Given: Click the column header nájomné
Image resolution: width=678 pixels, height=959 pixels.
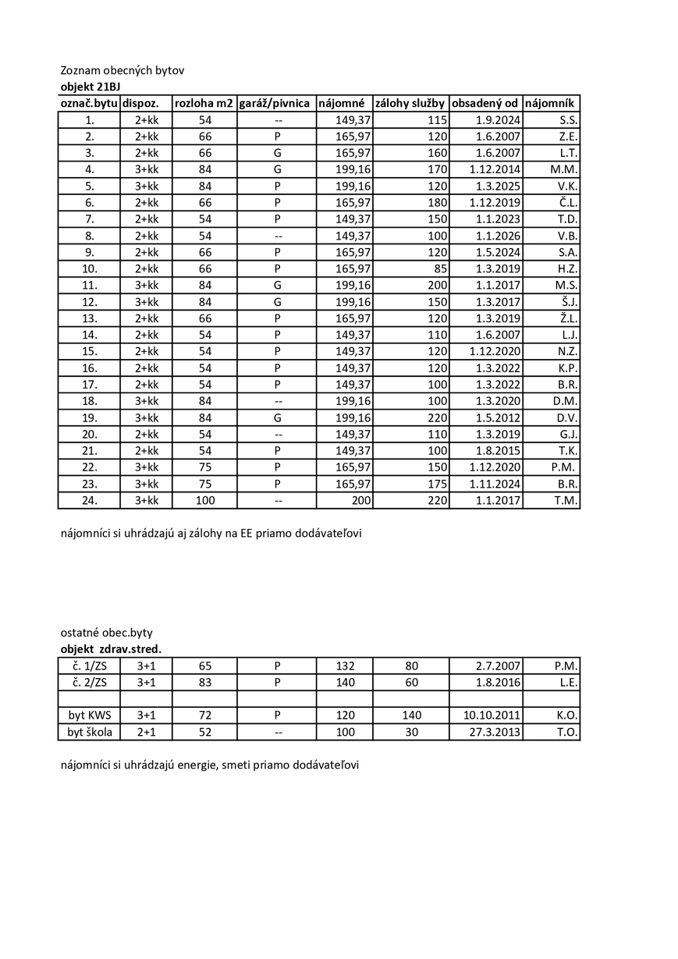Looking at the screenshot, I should (342, 103).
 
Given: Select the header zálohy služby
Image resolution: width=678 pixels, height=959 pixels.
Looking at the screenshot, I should (410, 103).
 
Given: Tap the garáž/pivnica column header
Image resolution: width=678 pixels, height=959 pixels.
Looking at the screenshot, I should (275, 103).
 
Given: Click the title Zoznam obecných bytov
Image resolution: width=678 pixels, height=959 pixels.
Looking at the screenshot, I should (122, 70).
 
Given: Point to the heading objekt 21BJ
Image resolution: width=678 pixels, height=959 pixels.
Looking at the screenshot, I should (91, 87).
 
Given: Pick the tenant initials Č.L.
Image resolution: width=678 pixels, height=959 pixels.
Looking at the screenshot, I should (567, 203).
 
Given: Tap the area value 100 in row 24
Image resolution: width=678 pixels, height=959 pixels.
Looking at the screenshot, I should (204, 500).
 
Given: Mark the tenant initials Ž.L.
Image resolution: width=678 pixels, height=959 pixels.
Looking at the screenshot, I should (567, 318).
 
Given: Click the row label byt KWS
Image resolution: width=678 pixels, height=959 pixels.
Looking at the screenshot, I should (89, 715).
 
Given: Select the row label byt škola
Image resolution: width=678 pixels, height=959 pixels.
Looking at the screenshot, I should (89, 732).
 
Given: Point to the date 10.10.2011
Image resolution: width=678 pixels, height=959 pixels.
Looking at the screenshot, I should (492, 715).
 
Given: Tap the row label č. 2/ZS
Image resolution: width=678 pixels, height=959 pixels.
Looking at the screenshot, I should (89, 682).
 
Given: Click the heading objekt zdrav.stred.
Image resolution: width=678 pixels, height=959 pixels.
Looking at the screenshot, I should (111, 648).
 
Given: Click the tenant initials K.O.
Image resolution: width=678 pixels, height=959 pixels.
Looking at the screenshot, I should (566, 715).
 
